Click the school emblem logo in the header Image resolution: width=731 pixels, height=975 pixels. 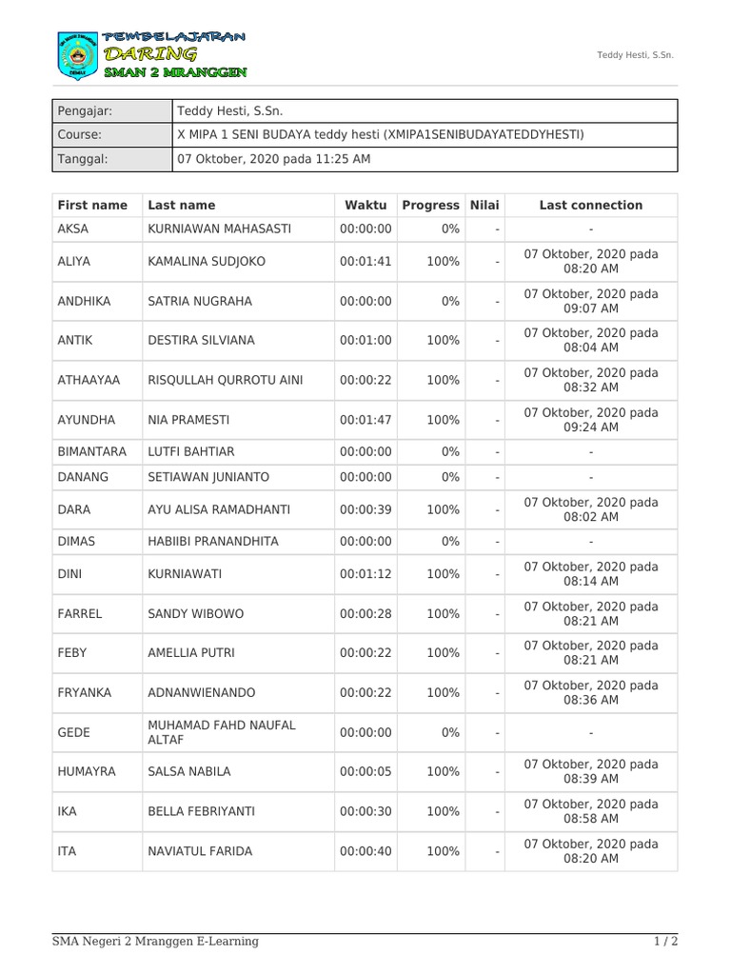point(74,55)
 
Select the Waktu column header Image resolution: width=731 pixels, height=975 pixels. point(365,205)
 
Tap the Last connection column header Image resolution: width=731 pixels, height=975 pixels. point(590,205)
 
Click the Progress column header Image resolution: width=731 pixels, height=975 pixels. point(430,205)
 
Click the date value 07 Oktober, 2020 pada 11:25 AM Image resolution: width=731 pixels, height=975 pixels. point(274,159)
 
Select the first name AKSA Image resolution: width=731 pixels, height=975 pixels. point(73,229)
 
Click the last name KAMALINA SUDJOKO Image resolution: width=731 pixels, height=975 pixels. point(207,261)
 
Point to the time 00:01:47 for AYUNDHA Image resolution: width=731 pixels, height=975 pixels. point(365,419)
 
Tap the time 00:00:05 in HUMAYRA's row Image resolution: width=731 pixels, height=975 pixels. point(365,771)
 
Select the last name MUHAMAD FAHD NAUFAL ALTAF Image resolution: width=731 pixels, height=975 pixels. point(222,732)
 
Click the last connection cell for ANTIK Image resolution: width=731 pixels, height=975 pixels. point(590,340)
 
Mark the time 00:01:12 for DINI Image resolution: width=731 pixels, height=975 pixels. point(365,573)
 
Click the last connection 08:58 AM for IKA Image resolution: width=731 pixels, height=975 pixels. point(590,811)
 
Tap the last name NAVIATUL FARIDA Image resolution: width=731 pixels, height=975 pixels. point(200,851)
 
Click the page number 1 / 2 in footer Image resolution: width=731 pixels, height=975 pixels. point(665,942)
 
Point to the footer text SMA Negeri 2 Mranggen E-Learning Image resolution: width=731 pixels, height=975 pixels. point(155,942)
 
